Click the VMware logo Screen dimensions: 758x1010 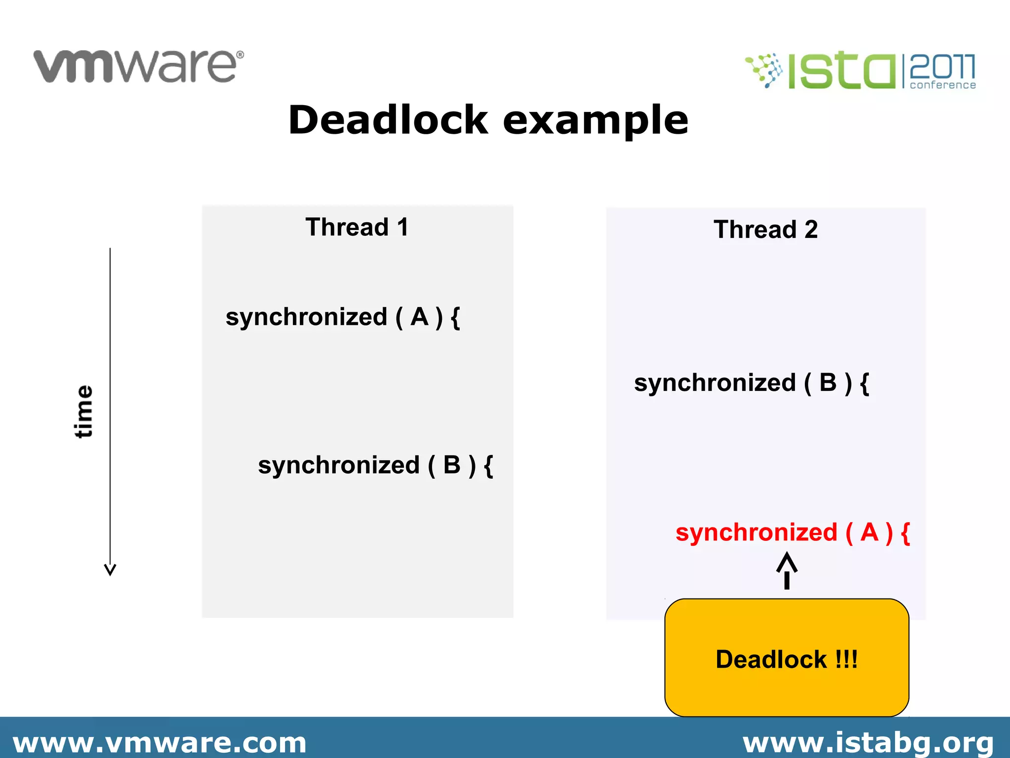tap(139, 66)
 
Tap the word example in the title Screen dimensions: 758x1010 tap(595, 121)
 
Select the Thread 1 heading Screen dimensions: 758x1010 tap(357, 227)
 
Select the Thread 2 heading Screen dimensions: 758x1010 tap(765, 229)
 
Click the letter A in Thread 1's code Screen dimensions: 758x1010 tap(419, 317)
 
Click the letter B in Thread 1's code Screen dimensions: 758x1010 tap(452, 465)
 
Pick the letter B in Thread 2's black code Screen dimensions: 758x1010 tap(828, 383)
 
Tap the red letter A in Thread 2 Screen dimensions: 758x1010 tap(869, 532)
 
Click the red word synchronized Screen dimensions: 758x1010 tap(757, 532)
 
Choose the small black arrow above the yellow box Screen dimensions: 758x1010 tap(787, 571)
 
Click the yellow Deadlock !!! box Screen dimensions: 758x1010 tap(787, 658)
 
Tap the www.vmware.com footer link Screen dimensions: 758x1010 tap(159, 743)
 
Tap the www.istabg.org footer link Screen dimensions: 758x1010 tap(868, 743)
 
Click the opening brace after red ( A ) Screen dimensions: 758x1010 tap(905, 533)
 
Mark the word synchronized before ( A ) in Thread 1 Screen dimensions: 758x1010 tap(306, 317)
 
